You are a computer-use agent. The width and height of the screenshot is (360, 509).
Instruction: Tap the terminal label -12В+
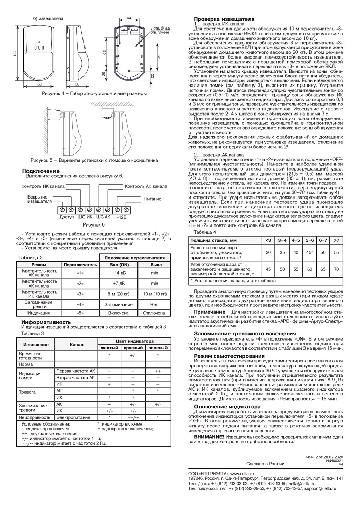coord(122,217)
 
